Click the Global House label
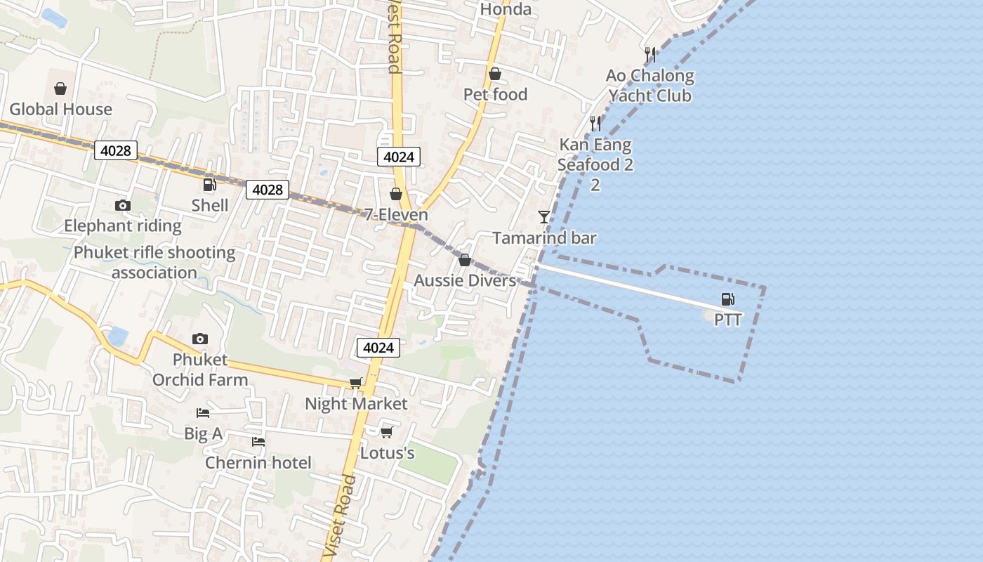click(60, 109)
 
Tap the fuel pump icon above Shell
click(209, 185)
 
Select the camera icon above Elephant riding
click(123, 205)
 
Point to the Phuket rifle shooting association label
click(154, 262)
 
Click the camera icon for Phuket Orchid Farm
click(200, 339)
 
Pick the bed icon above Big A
click(203, 413)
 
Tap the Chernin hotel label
click(258, 462)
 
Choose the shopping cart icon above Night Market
click(356, 383)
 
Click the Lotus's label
click(387, 453)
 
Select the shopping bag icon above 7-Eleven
click(396, 194)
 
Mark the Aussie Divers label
click(464, 280)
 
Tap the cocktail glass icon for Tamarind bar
click(544, 216)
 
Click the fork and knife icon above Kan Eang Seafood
click(595, 124)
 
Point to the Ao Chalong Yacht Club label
click(650, 85)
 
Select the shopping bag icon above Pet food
click(495, 74)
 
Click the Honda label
click(506, 9)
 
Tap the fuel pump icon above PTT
click(728, 299)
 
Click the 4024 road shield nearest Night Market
click(378, 347)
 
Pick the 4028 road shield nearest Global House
click(116, 150)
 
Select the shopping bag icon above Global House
click(60, 89)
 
